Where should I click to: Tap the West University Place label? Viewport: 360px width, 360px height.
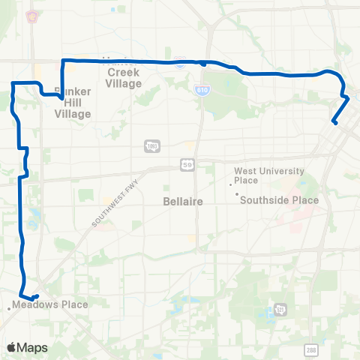(x=256, y=175)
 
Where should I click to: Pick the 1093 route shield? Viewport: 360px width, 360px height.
(x=152, y=145)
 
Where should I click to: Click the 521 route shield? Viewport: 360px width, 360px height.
(x=280, y=309)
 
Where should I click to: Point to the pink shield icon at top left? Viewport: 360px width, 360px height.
(x=32, y=16)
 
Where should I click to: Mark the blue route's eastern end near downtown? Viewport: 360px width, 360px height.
(x=334, y=122)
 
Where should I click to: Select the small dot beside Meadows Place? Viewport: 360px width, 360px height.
(x=10, y=307)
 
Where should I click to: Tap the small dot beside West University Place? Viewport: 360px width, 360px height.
(x=230, y=184)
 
